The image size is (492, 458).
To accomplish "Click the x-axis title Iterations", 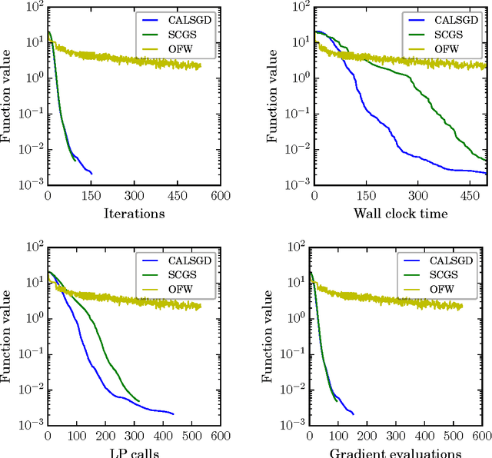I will click(x=134, y=214).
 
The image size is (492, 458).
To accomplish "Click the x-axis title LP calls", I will click(x=134, y=453).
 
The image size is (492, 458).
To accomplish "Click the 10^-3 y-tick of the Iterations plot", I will click(x=32, y=185).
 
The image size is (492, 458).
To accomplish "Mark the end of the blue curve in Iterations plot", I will click(x=91, y=174).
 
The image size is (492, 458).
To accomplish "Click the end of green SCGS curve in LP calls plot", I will click(x=139, y=400).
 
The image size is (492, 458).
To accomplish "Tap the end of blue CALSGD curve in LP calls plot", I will click(x=174, y=414).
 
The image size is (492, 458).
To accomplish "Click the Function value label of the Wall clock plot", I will click(x=271, y=95).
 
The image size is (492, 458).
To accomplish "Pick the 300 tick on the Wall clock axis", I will click(x=418, y=195).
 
